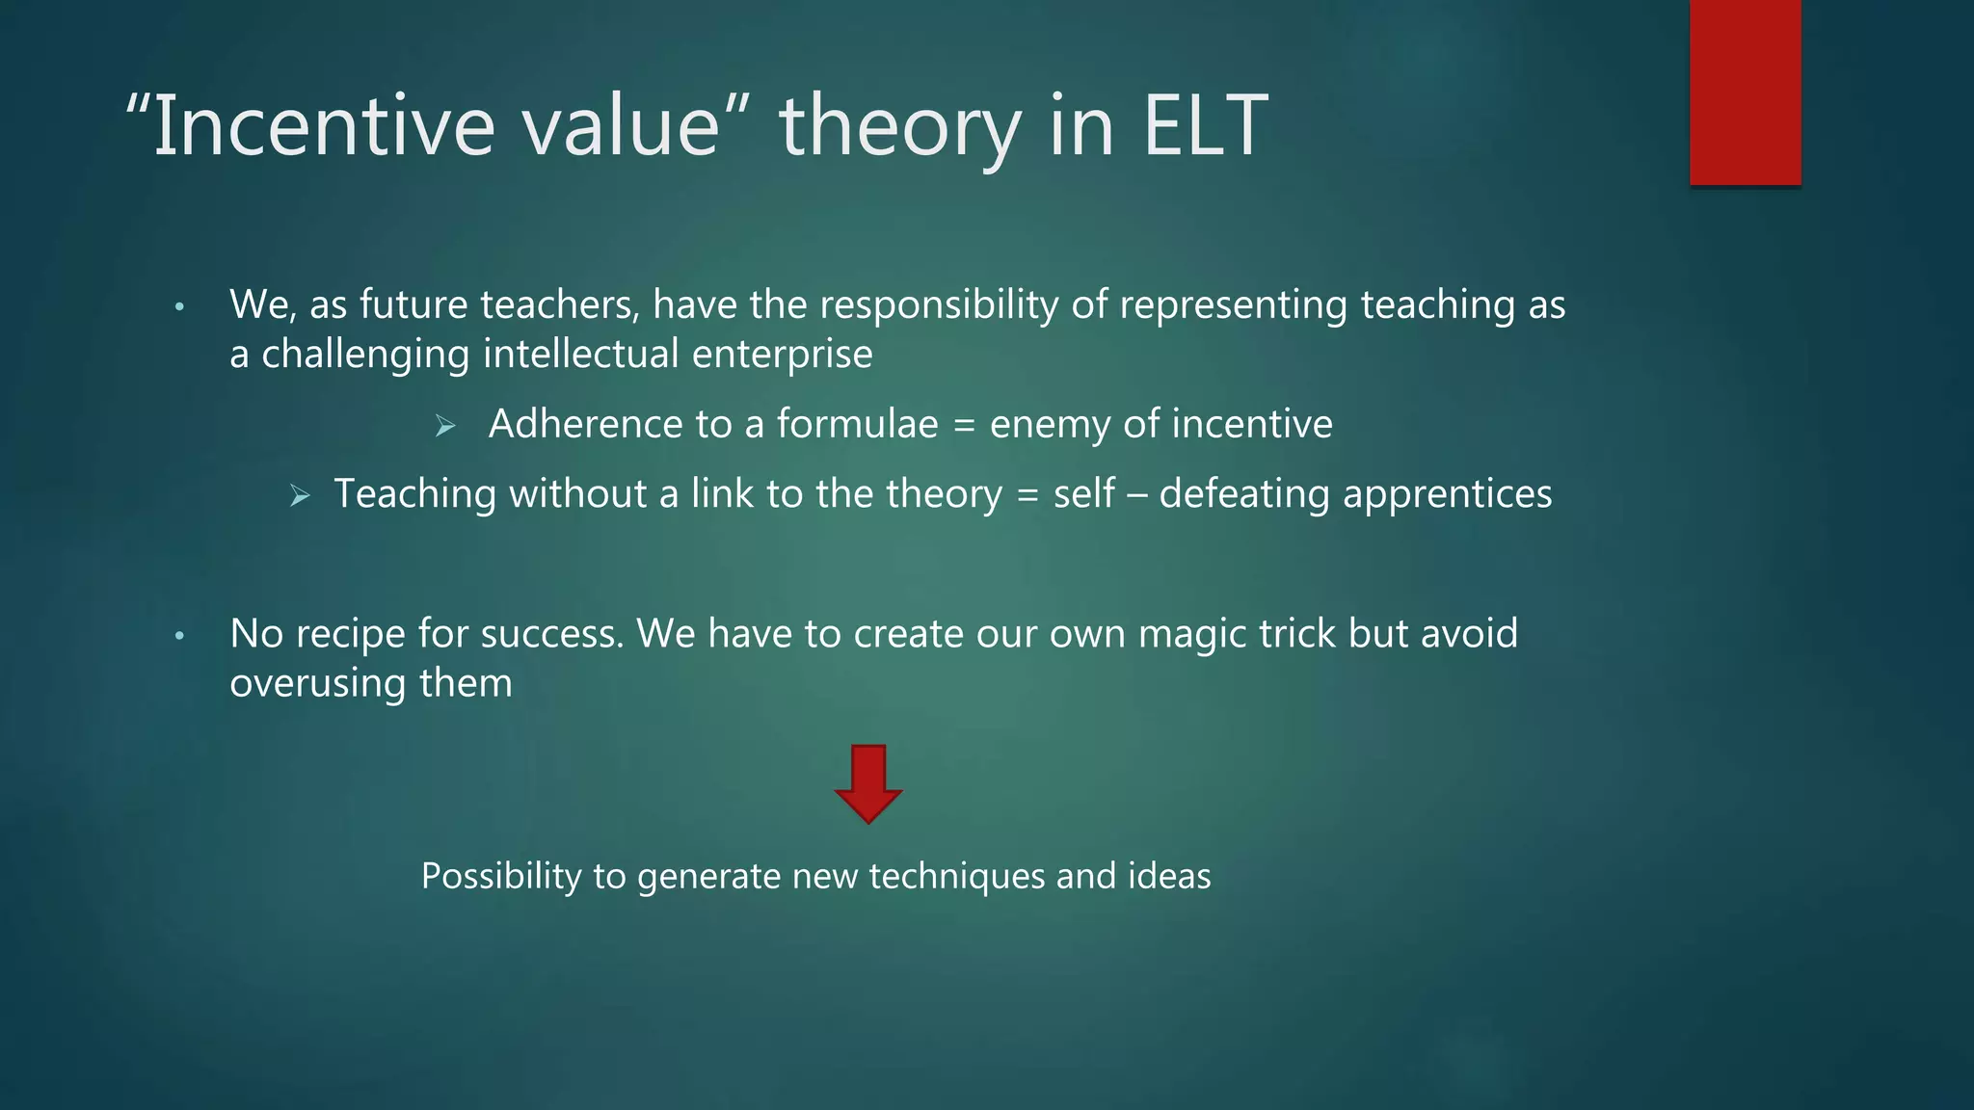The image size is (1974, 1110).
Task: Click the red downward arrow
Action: click(x=868, y=782)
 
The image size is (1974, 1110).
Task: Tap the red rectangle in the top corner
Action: click(x=1745, y=92)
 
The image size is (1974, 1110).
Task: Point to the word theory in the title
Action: click(x=899, y=128)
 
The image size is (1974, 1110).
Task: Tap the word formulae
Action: click(x=858, y=424)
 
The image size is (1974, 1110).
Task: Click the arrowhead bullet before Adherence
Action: click(x=444, y=425)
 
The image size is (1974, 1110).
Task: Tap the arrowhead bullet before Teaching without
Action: click(x=300, y=496)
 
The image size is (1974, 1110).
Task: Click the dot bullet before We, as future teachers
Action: click(x=179, y=307)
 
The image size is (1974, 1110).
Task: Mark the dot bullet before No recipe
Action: click(x=179, y=636)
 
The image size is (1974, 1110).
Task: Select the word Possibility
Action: click(x=501, y=877)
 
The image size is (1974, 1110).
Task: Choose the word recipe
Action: click(x=351, y=635)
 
